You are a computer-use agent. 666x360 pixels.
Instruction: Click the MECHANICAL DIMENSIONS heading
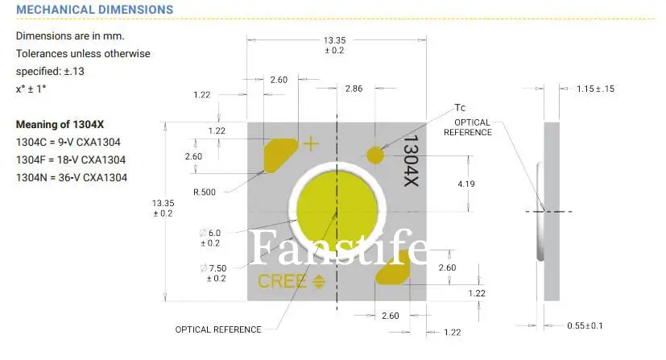(x=95, y=10)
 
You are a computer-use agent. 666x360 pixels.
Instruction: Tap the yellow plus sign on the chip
(x=310, y=144)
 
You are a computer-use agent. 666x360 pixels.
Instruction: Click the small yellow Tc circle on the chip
(x=375, y=154)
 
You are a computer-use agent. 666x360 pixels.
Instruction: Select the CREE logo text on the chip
(x=282, y=281)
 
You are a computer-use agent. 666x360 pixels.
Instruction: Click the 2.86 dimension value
(x=354, y=88)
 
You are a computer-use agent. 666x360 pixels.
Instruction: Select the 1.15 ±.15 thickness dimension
(x=595, y=89)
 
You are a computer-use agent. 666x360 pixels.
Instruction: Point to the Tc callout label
(x=460, y=107)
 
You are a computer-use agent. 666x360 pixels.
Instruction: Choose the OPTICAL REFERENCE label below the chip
(x=218, y=329)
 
